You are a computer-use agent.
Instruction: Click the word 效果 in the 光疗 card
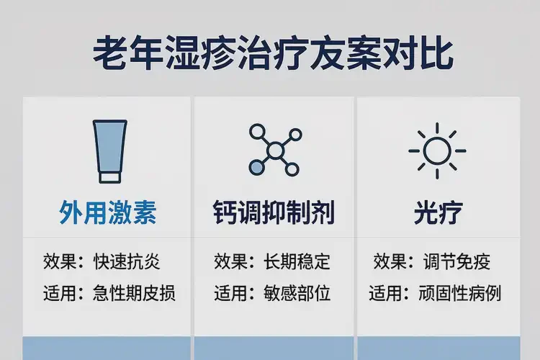point(389,262)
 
